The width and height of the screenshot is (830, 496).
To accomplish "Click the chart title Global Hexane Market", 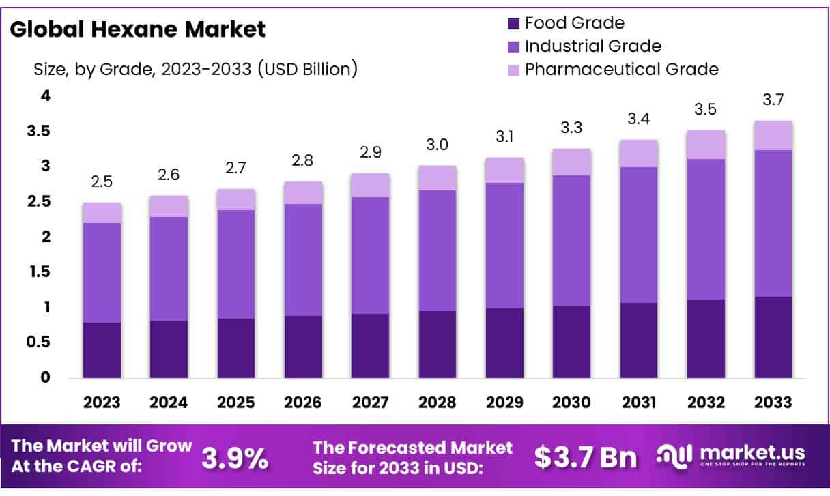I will (137, 29).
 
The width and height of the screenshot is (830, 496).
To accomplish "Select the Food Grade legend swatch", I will (513, 23).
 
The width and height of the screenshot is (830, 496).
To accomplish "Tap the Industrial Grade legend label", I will (592, 46).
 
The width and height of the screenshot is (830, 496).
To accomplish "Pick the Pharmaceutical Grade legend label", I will (621, 69).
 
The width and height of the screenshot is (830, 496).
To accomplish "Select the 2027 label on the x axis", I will (370, 402).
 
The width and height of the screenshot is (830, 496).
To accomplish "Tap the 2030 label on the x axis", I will (571, 402).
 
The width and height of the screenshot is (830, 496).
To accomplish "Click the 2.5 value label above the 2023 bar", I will (102, 183).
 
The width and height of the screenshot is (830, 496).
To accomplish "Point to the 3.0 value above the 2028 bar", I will (437, 146).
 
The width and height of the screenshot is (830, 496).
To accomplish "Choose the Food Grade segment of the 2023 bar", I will (102, 350).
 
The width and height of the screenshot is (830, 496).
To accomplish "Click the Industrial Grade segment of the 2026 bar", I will (303, 260).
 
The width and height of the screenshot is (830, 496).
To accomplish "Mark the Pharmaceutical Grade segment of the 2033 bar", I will (773, 135).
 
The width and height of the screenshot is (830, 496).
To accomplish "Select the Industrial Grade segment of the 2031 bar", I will (638, 235).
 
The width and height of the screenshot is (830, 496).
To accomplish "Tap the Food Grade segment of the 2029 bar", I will (504, 343).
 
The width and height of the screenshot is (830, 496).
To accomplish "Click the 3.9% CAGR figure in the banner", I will (235, 458).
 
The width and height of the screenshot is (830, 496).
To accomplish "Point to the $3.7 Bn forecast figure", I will (586, 458).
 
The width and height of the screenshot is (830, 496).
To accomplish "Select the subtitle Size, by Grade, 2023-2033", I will (195, 69).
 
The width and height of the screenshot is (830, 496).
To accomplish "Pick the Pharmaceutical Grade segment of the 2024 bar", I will (169, 206).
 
